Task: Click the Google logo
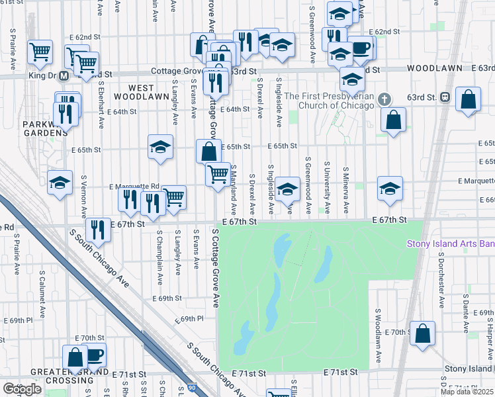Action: pyautogui.click(x=22, y=389)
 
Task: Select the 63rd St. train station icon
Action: pyautogui.click(x=445, y=97)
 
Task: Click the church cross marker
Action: pyautogui.click(x=384, y=99)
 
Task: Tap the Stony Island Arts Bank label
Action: pyautogui.click(x=450, y=243)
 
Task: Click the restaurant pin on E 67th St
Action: pyautogui.click(x=98, y=230)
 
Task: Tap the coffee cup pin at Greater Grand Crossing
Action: pyautogui.click(x=94, y=355)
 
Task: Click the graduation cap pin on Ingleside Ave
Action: pyautogui.click(x=287, y=188)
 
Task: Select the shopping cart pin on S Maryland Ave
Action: pyautogui.click(x=218, y=175)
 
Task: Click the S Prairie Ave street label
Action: pyautogui.click(x=13, y=50)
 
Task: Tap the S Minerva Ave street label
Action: pyautogui.click(x=345, y=190)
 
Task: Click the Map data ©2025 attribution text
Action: pyautogui.click(x=467, y=392)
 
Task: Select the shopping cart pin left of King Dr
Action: pyautogui.click(x=40, y=51)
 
